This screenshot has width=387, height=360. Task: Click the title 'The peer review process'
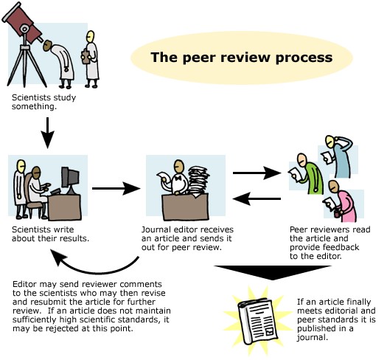pyautogui.click(x=231, y=58)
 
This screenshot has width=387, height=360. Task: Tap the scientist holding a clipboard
pyautogui.click(x=91, y=55)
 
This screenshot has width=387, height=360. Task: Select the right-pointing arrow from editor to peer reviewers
pyautogui.click(x=257, y=173)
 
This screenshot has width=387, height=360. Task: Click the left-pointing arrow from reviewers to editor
pyautogui.click(x=257, y=198)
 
